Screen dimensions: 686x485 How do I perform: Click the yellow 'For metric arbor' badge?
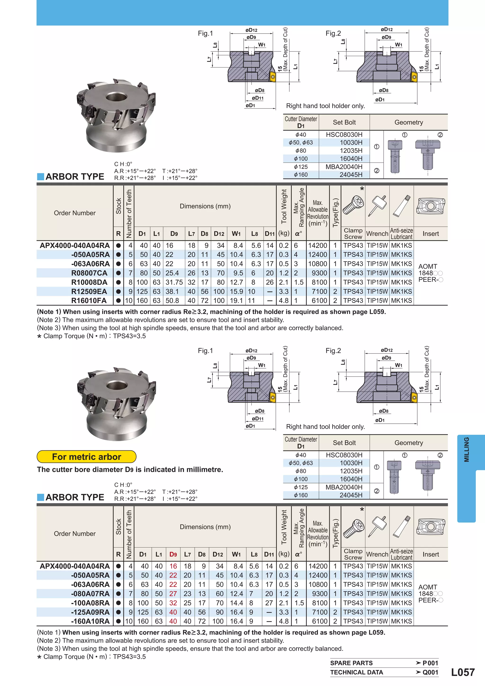[x=86, y=457]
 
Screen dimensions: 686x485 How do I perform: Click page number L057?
[x=463, y=672]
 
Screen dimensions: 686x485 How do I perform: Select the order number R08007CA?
[x=89, y=273]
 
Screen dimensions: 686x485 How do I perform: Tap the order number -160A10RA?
[x=90, y=621]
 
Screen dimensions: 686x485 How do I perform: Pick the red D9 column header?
[x=173, y=555]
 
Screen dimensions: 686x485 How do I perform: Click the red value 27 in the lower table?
[x=173, y=594]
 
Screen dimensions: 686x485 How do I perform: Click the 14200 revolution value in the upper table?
[x=318, y=246]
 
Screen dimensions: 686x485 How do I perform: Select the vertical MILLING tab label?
[x=466, y=450]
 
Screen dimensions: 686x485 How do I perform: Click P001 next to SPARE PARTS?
[x=430, y=663]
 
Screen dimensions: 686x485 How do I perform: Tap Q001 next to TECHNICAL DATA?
[x=430, y=673]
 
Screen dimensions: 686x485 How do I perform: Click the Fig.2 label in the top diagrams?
[x=333, y=33]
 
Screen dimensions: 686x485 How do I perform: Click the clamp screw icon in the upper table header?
[x=353, y=206]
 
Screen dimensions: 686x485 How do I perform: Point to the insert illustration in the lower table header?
[x=431, y=527]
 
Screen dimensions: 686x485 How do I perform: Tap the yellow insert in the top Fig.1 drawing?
[x=273, y=76]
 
